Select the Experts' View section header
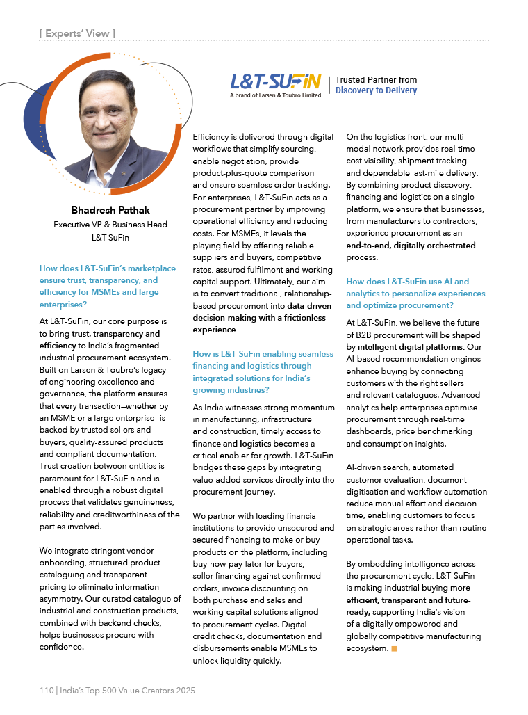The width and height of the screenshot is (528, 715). click(77, 33)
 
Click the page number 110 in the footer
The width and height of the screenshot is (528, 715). click(47, 691)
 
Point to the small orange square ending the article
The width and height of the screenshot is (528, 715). click(394, 648)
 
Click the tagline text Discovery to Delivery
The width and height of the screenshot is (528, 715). click(376, 90)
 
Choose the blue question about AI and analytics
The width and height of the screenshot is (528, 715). click(415, 294)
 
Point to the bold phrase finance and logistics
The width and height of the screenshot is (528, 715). click(233, 443)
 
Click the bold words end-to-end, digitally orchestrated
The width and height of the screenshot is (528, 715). click(411, 245)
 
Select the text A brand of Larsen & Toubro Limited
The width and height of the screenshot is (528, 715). click(275, 95)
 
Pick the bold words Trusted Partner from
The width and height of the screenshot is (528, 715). click(376, 80)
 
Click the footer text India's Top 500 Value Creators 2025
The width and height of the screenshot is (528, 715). click(126, 691)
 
